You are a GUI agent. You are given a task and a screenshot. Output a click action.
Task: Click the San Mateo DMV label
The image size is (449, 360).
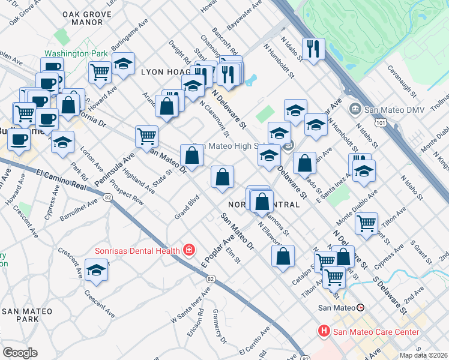click(x=388, y=109)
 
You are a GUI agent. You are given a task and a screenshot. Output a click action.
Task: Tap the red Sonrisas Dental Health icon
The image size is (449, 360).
click(x=189, y=249)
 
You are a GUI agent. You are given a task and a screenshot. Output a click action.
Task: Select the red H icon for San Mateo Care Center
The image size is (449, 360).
click(x=324, y=331)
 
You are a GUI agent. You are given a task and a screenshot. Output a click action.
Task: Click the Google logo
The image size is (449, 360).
click(x=20, y=353)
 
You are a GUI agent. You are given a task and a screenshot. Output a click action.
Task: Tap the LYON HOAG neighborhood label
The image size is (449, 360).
click(x=165, y=71)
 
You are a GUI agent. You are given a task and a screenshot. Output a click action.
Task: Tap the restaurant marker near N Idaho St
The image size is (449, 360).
click(x=313, y=49)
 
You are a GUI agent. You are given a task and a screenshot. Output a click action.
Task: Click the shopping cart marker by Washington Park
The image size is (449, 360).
click(x=100, y=71)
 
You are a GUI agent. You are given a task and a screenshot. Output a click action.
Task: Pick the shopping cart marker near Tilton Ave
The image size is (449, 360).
click(x=366, y=223)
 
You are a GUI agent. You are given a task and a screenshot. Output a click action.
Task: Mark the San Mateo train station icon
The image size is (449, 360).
click(x=360, y=307)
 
